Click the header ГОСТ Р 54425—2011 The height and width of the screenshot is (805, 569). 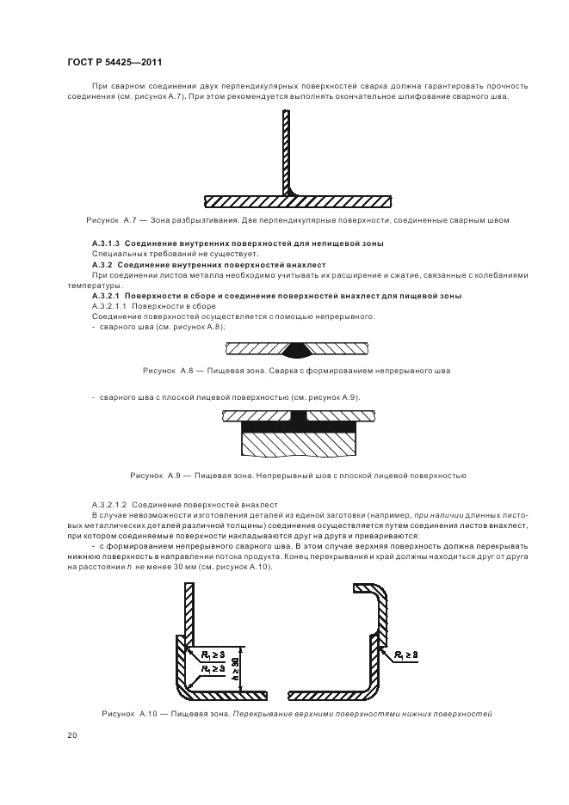point(114,63)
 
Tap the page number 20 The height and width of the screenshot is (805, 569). point(72,735)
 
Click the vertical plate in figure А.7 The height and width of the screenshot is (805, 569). point(287,152)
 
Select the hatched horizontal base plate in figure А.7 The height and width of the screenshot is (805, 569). point(298,202)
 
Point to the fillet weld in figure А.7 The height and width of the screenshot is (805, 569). point(294,192)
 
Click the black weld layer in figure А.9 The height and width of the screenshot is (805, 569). point(299,426)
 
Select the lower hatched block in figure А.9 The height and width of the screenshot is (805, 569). point(299,444)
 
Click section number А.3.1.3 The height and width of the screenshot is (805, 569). point(106,243)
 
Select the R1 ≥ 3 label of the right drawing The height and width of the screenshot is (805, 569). point(406,654)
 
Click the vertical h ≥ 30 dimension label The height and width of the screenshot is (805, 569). point(235,668)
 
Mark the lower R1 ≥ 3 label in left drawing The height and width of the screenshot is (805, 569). point(213,668)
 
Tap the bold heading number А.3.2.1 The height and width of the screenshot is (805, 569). point(106,296)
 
